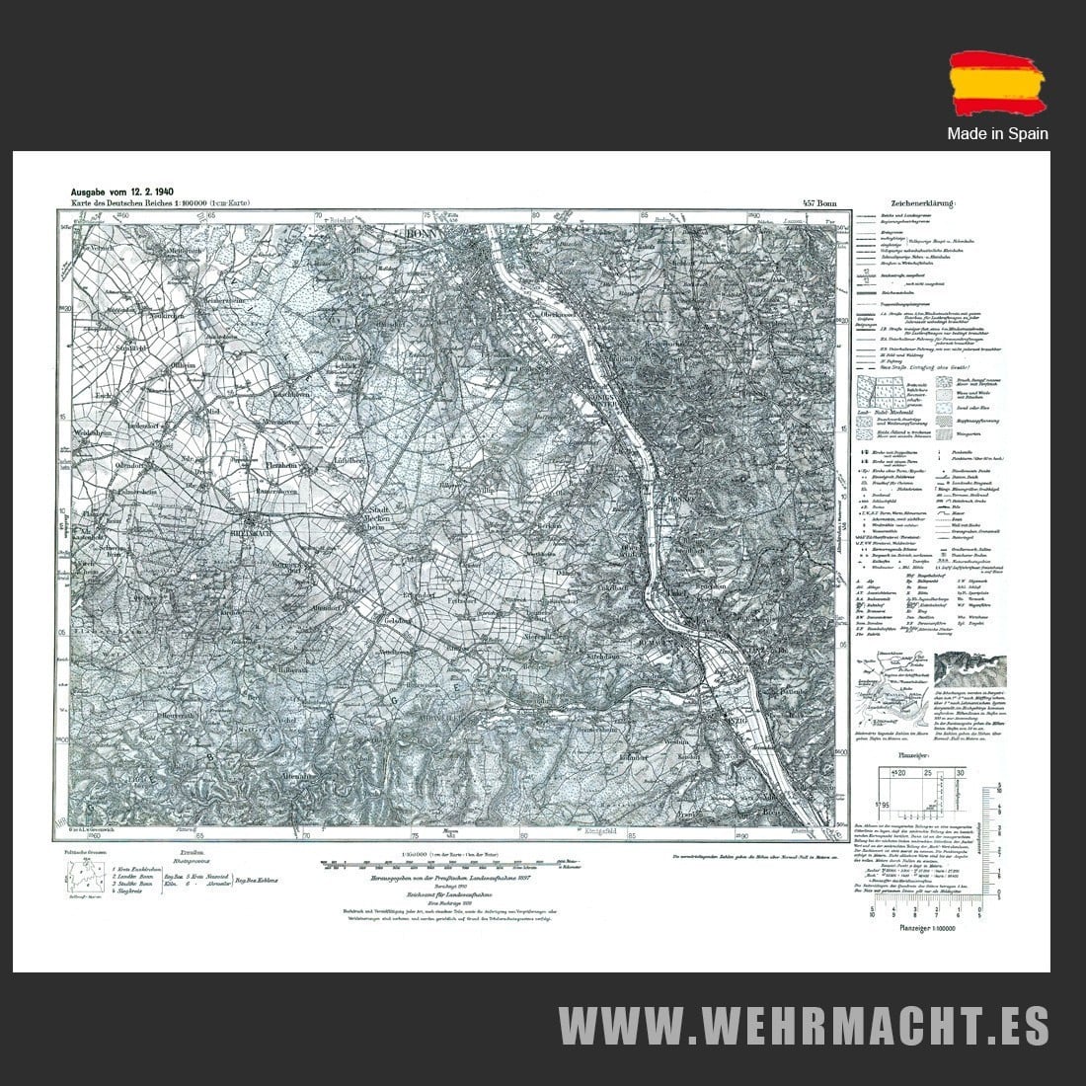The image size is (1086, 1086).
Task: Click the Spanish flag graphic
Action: [997, 87]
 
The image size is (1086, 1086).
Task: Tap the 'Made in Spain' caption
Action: [997, 133]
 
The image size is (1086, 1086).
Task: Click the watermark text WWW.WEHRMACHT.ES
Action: [804, 1026]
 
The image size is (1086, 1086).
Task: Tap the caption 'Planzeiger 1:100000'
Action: [925, 928]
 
